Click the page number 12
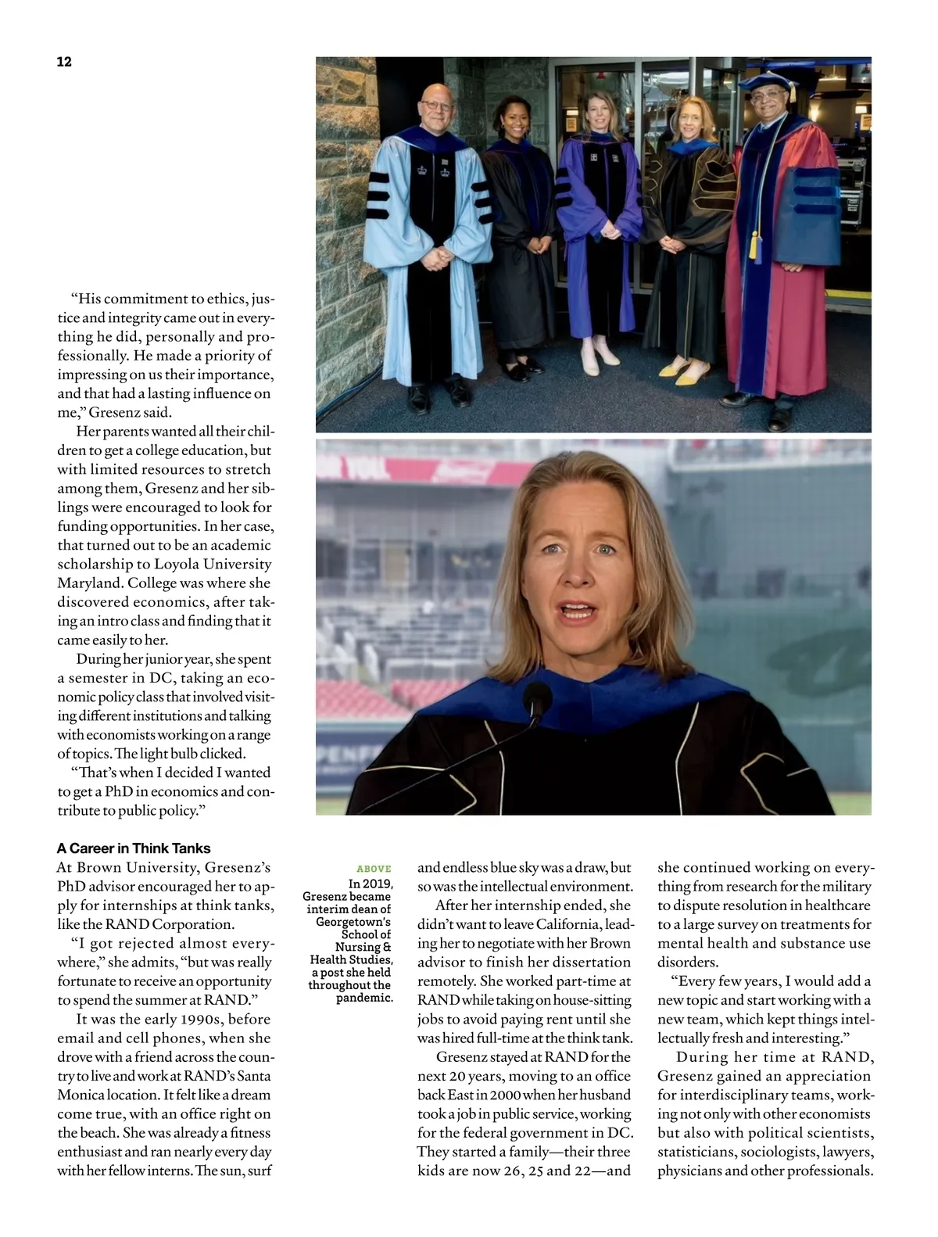pos(64,62)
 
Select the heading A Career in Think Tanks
pos(134,848)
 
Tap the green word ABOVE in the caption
pos(374,869)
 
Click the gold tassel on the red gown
pos(754,245)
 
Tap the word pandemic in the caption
pos(364,998)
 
